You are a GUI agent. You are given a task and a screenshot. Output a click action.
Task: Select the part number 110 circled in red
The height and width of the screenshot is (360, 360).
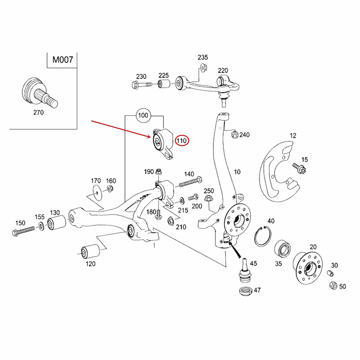182,141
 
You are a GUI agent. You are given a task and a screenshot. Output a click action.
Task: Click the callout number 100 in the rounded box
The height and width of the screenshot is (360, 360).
143,116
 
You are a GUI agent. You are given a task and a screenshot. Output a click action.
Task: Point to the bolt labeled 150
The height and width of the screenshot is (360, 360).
23,231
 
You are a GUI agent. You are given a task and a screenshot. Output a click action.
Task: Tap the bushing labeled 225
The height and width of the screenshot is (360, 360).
163,84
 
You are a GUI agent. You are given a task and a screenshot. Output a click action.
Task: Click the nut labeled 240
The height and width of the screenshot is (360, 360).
234,134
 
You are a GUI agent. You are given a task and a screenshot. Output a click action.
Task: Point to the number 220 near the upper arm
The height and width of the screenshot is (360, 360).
223,70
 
